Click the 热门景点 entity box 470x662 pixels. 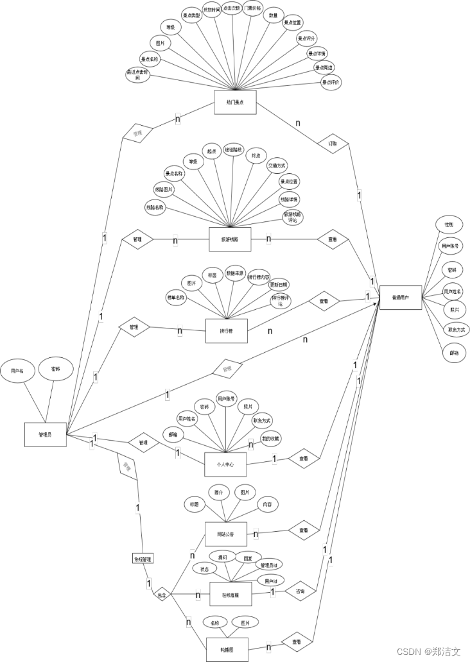pos(234,102)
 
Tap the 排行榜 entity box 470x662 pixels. pos(225,331)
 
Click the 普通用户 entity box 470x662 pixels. pos(400,297)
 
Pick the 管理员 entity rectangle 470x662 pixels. pos(45,435)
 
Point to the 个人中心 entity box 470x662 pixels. pos(225,463)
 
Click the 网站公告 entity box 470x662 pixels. pos(225,534)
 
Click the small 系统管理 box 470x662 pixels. pos(143,559)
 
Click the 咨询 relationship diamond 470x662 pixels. pos(300,590)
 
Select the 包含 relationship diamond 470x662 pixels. pos(162,595)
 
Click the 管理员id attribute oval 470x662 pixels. pos(268,566)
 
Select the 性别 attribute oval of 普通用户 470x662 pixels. pos(448,225)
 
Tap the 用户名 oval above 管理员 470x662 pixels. pos(17,371)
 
